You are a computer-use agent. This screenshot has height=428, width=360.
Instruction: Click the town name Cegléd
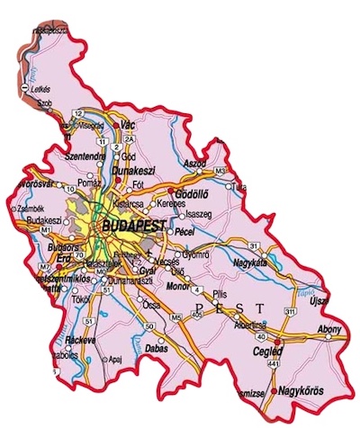(267, 352)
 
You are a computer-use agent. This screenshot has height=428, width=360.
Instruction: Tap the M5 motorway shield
(175, 317)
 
